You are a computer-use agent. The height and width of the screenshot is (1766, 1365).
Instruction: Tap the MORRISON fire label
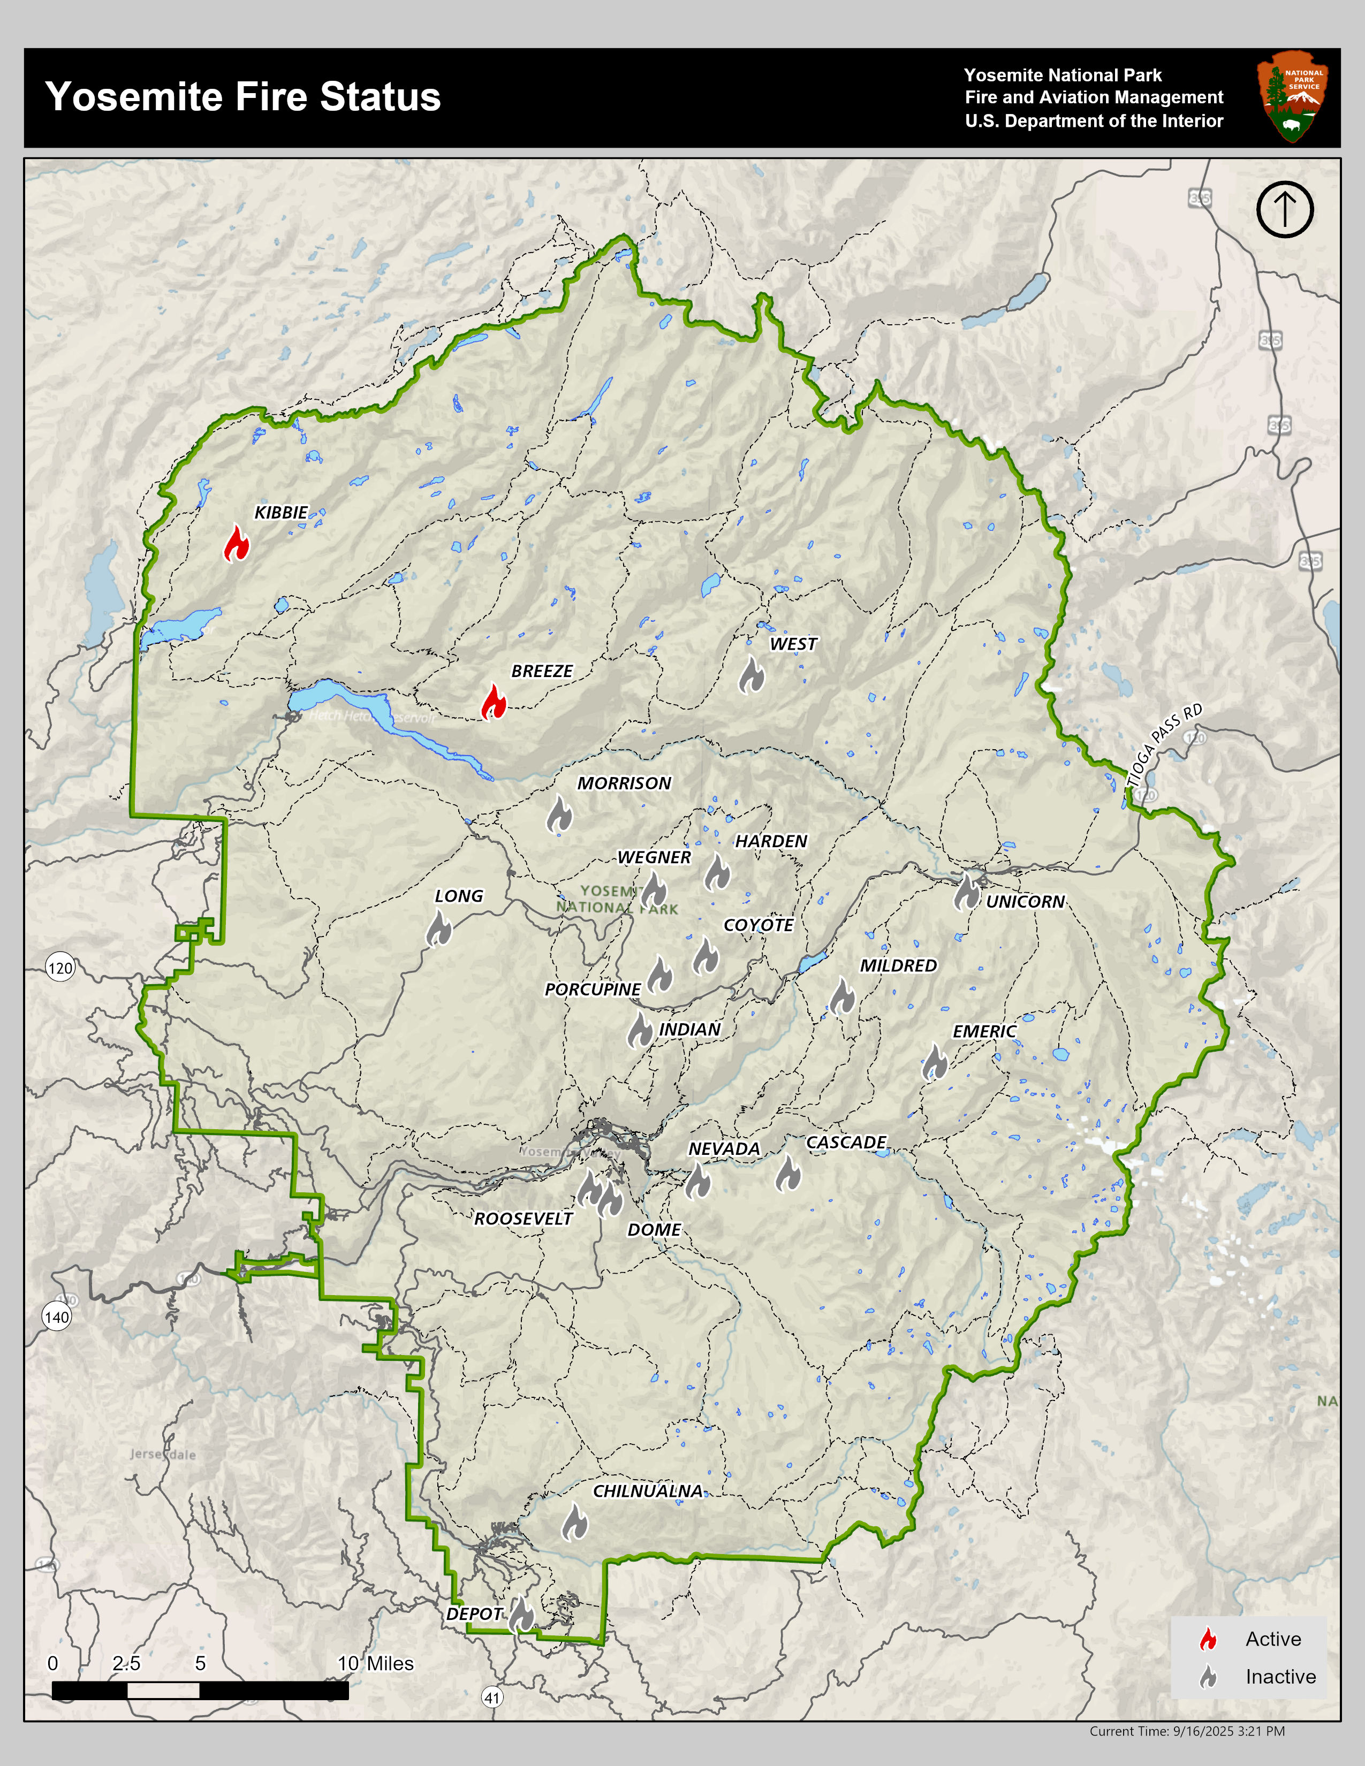click(624, 783)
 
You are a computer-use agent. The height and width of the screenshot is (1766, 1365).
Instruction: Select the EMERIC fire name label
click(984, 1031)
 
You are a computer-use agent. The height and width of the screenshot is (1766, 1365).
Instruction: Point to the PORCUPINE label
click(593, 989)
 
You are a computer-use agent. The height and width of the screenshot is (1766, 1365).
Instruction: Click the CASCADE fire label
click(846, 1142)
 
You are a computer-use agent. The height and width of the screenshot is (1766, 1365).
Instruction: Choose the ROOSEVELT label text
click(523, 1219)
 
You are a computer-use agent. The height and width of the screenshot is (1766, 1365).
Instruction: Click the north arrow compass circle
click(1285, 209)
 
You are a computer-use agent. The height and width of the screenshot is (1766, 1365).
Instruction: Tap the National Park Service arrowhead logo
click(1292, 97)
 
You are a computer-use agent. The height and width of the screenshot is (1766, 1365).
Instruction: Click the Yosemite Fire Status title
click(242, 97)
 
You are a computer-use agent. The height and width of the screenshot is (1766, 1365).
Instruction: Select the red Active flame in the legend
click(1208, 1639)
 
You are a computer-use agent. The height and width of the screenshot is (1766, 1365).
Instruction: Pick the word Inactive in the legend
click(1280, 1677)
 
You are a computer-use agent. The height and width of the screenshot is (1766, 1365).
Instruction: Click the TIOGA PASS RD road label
click(1165, 745)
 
